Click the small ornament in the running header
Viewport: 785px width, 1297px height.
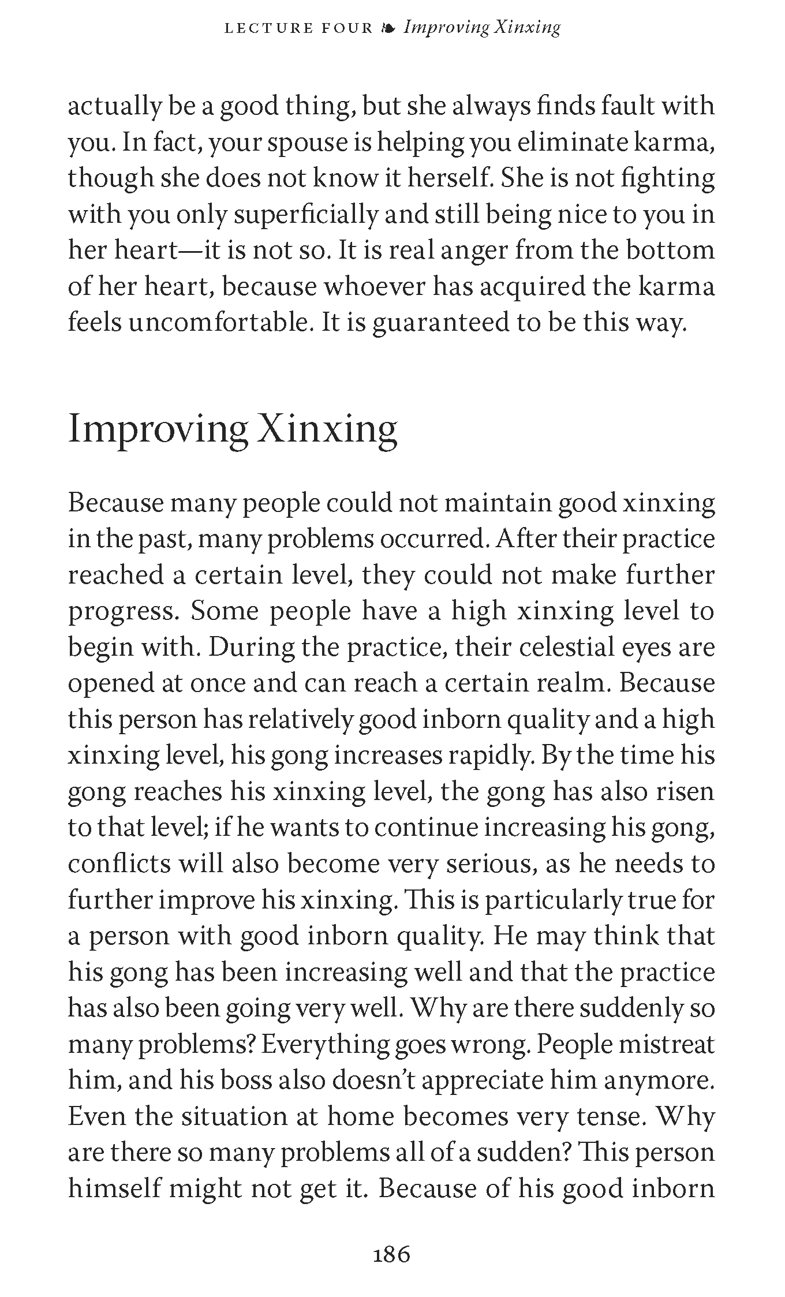click(x=388, y=28)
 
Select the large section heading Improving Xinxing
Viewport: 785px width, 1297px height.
click(x=233, y=430)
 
